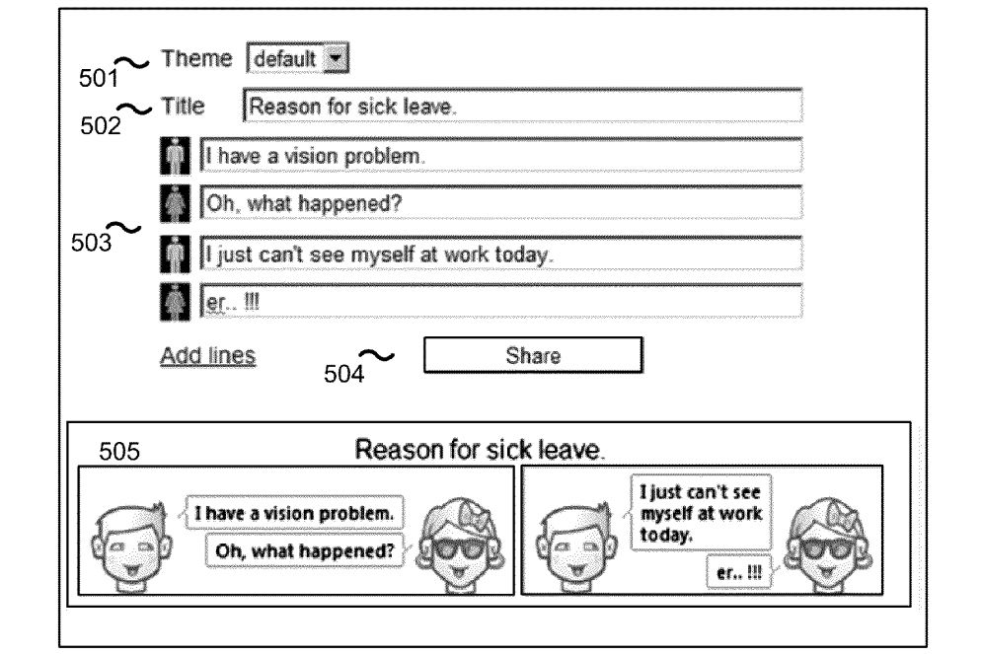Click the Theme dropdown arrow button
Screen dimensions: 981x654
tap(336, 59)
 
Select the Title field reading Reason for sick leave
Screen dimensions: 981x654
tap(522, 106)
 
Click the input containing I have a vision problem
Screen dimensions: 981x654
tap(501, 155)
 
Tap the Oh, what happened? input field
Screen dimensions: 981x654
tap(501, 202)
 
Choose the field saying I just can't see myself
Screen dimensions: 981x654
tap(501, 254)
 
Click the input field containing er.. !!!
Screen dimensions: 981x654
tap(501, 302)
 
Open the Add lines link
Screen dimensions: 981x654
tap(207, 355)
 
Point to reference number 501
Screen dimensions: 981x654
tap(99, 79)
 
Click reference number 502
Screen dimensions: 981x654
tap(100, 125)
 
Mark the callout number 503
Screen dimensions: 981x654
tap(92, 243)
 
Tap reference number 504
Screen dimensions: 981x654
tap(343, 374)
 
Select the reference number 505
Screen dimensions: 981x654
tap(118, 452)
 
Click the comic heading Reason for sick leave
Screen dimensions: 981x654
tap(480, 450)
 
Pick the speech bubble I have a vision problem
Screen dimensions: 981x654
tap(294, 513)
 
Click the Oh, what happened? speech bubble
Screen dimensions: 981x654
tap(305, 550)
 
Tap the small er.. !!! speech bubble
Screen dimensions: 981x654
tap(739, 571)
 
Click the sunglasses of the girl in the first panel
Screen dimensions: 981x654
tap(460, 549)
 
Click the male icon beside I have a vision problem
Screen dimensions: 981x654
tap(176, 155)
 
